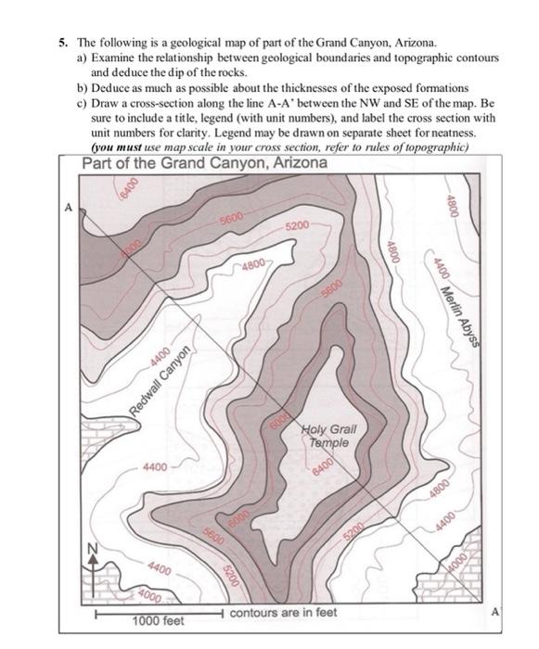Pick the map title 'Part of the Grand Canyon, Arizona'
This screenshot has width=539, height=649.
click(204, 163)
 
